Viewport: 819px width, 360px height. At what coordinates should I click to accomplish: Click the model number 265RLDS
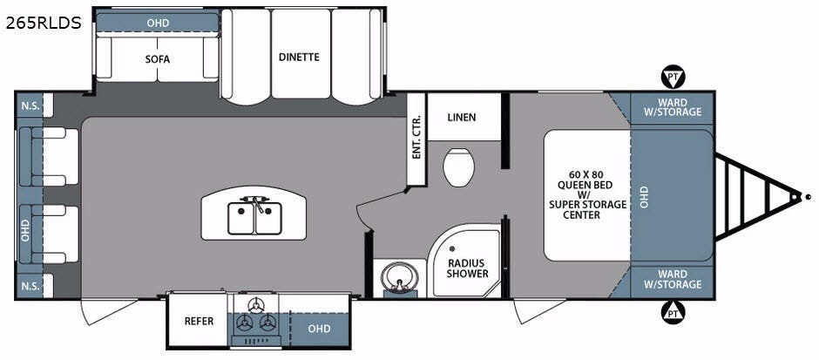point(44,23)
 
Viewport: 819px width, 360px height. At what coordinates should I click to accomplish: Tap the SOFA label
point(157,59)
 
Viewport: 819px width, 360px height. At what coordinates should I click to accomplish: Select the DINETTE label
point(300,57)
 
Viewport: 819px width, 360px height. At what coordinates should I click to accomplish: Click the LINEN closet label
point(462,117)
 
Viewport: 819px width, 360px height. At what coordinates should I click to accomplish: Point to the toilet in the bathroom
point(458,166)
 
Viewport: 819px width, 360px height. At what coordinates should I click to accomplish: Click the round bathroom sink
point(397,276)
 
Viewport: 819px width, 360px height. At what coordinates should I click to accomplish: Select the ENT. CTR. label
point(416,139)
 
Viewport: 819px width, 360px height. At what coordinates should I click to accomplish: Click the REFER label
point(199,321)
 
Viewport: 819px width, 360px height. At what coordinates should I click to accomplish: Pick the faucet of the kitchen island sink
point(255,202)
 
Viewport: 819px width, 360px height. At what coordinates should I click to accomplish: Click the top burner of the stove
point(255,306)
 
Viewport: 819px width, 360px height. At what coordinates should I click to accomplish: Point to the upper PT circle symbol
point(671,78)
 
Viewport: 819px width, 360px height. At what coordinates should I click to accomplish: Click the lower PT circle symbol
point(671,312)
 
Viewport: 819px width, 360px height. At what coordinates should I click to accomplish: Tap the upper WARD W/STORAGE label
point(673,107)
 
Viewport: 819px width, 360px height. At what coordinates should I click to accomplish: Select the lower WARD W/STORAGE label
point(673,279)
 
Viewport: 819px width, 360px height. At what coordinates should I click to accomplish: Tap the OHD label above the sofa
point(158,24)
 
